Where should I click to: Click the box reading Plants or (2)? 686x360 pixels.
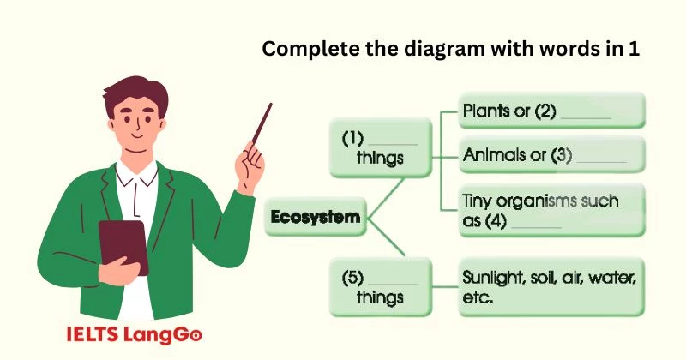click(x=551, y=111)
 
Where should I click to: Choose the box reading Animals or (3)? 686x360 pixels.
click(x=551, y=157)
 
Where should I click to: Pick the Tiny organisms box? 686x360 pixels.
click(x=551, y=210)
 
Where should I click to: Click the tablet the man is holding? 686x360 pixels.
click(x=122, y=249)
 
